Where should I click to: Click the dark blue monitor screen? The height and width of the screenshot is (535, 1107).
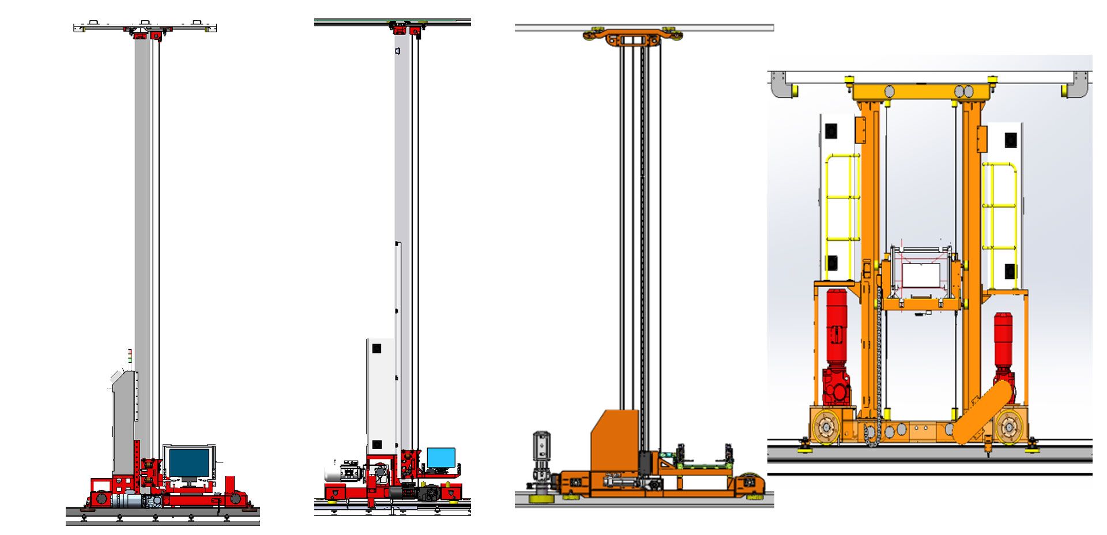click(189, 462)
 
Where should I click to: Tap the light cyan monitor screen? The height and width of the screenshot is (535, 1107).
click(441, 458)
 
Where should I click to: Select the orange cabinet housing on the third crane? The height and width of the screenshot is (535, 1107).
click(614, 438)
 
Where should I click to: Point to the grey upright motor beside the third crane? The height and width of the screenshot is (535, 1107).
click(541, 455)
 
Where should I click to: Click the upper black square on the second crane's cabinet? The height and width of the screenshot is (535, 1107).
click(376, 348)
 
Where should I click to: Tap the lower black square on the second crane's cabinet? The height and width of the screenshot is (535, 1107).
click(376, 444)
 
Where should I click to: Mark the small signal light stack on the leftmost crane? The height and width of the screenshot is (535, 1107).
click(130, 356)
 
